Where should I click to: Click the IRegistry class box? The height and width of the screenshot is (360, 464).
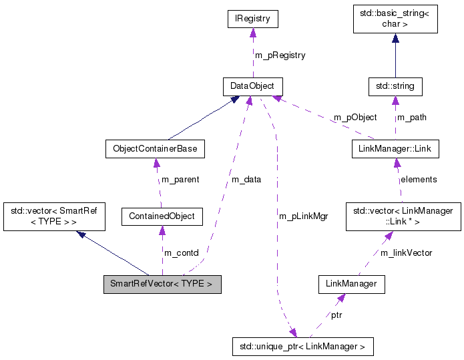click(252, 19)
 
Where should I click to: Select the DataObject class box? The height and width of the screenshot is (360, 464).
click(252, 86)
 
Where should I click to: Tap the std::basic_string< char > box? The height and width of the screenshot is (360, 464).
click(395, 19)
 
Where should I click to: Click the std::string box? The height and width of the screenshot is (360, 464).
click(395, 86)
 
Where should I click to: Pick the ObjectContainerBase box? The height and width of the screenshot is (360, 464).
click(155, 148)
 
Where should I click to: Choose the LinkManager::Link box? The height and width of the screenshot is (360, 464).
click(395, 148)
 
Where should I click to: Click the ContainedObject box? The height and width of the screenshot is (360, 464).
click(162, 216)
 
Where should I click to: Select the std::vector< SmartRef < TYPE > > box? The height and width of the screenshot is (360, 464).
click(50, 216)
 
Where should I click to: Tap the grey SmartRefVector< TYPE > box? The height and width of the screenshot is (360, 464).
click(162, 284)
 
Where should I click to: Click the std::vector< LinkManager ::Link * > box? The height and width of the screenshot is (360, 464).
click(403, 216)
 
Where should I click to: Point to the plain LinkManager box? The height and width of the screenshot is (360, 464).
click(352, 284)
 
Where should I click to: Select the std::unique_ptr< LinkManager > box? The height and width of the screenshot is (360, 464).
click(302, 347)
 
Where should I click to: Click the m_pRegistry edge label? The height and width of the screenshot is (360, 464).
click(280, 55)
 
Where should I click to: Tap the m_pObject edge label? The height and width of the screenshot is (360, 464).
click(355, 118)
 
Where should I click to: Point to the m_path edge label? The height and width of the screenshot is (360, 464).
click(411, 118)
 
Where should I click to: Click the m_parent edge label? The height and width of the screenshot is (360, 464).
click(178, 180)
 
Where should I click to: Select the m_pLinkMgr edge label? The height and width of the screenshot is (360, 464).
click(304, 216)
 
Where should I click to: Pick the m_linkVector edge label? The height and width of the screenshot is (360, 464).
click(406, 252)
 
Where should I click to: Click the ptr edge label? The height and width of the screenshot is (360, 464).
click(336, 315)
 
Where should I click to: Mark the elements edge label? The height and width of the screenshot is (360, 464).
click(418, 179)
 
